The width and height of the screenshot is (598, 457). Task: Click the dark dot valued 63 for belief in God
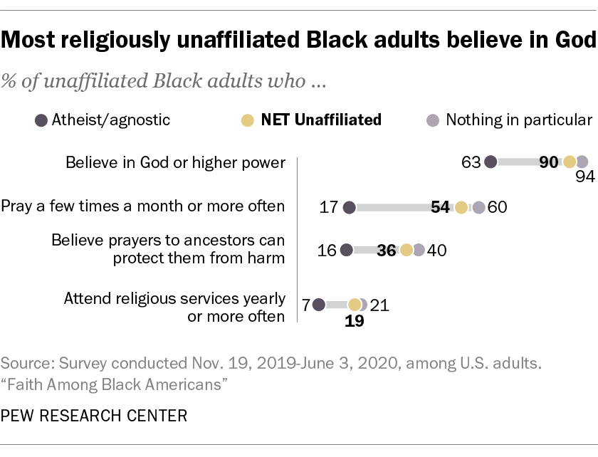tap(491, 162)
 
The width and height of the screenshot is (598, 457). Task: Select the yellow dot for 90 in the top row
tap(570, 162)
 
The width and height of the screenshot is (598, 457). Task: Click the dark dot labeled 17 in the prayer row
tap(349, 207)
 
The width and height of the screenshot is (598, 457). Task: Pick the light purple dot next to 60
tap(479, 207)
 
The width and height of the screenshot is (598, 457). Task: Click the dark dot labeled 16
tap(347, 250)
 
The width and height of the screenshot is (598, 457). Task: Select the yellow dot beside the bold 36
tap(406, 250)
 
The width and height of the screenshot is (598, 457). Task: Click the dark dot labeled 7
tap(318, 305)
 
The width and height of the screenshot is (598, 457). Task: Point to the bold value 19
tap(355, 321)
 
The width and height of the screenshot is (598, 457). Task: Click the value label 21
tap(379, 305)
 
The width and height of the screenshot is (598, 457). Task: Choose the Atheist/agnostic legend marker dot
tap(41, 120)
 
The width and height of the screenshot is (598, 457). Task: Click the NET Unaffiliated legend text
tap(321, 120)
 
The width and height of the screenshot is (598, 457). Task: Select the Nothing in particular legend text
tap(519, 120)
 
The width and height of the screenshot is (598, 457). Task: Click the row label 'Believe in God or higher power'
tap(175, 162)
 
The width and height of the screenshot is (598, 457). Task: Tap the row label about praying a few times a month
tap(143, 207)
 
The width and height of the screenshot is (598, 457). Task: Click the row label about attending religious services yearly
tap(174, 308)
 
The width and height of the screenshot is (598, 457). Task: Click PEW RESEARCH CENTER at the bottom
tap(94, 416)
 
